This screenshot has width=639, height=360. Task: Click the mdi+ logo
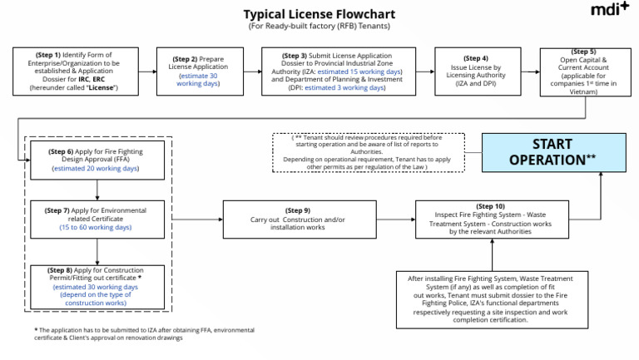coord(610,10)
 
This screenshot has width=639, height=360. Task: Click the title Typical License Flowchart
coord(319,14)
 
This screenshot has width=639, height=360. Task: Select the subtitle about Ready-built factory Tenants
coord(319,27)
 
